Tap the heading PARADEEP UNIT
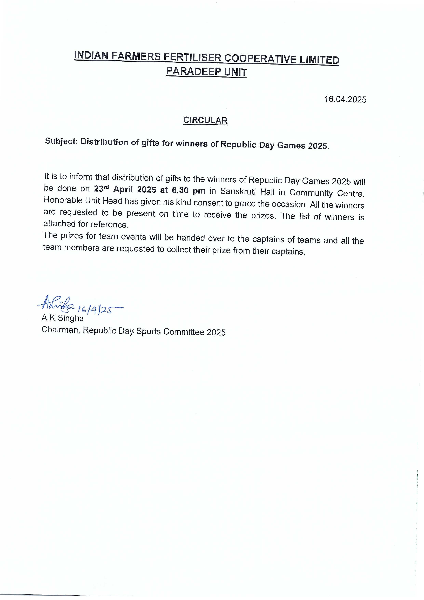(x=206, y=72)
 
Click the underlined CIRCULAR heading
(x=205, y=120)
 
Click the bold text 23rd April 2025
(x=125, y=189)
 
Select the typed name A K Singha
(x=63, y=318)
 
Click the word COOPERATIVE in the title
(x=260, y=59)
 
